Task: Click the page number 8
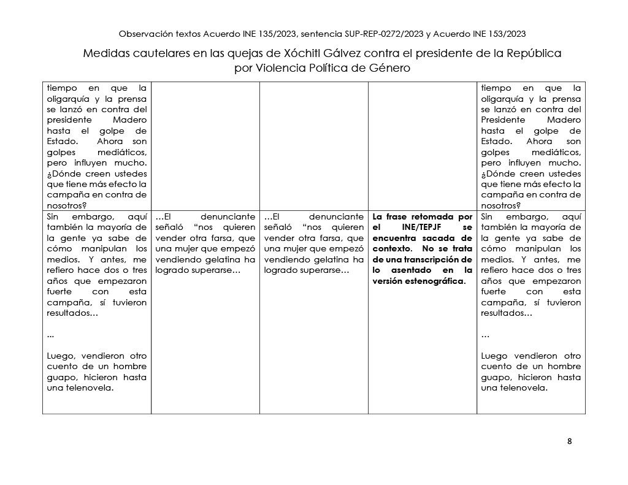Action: pos(570,441)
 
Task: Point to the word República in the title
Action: pos(534,53)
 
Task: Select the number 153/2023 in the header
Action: pos(503,34)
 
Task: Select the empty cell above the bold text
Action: pos(422,146)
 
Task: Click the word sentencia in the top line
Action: pos(315,34)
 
